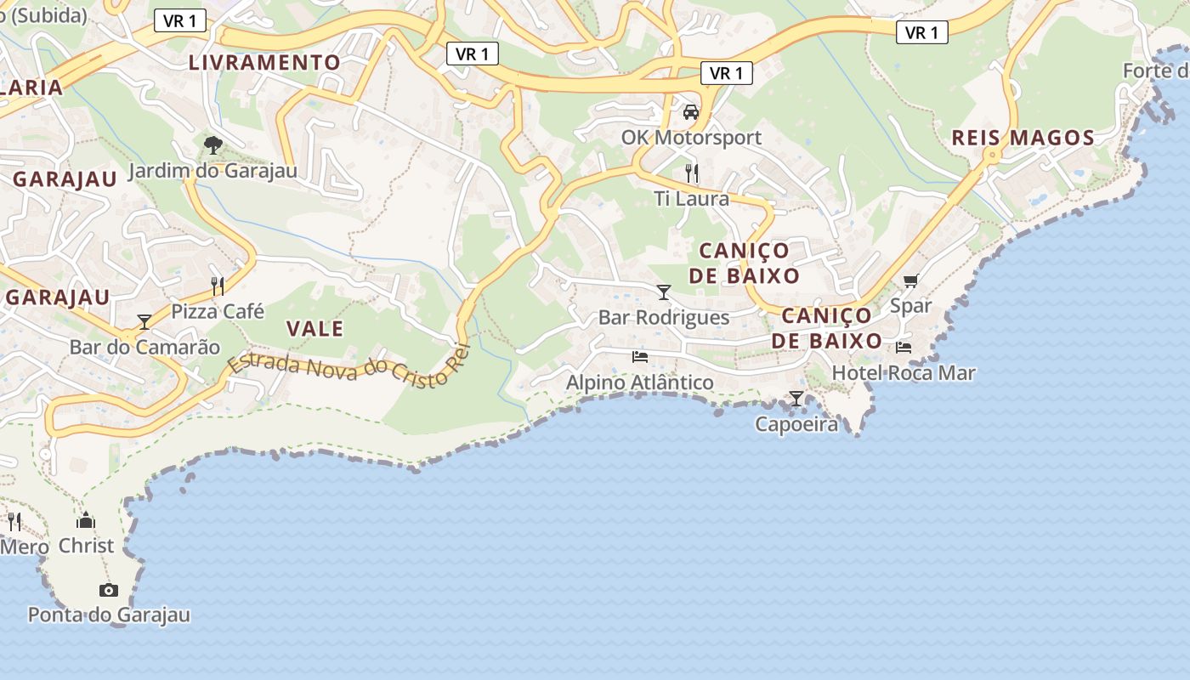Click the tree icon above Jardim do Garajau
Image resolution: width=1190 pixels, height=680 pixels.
[213, 145]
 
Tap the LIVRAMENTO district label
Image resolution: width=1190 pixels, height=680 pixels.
[264, 63]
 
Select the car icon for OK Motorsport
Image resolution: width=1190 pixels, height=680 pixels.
[691, 112]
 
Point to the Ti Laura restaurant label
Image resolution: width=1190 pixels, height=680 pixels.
[691, 199]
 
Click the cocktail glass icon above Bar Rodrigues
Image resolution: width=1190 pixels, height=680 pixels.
[664, 292]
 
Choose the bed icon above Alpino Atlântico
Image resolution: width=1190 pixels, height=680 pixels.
[640, 357]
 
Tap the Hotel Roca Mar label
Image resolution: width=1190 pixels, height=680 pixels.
[904, 372]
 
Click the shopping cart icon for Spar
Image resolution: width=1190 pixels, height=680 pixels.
[911, 280]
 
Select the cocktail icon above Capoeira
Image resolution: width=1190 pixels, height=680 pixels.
[796, 398]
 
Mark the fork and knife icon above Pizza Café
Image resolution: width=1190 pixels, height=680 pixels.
[218, 286]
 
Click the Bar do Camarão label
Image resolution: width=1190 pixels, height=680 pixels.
[144, 347]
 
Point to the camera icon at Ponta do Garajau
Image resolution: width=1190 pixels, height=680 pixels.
[108, 590]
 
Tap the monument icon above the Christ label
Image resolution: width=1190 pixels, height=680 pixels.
[86, 520]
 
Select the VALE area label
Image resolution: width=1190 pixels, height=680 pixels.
[314, 329]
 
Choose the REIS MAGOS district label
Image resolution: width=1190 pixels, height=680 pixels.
[1023, 138]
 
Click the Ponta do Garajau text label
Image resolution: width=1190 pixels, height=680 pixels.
[109, 615]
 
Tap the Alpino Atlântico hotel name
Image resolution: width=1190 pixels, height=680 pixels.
[640, 382]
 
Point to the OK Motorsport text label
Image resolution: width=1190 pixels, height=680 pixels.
[691, 137]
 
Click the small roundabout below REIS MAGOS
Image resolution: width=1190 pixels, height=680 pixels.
[991, 156]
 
